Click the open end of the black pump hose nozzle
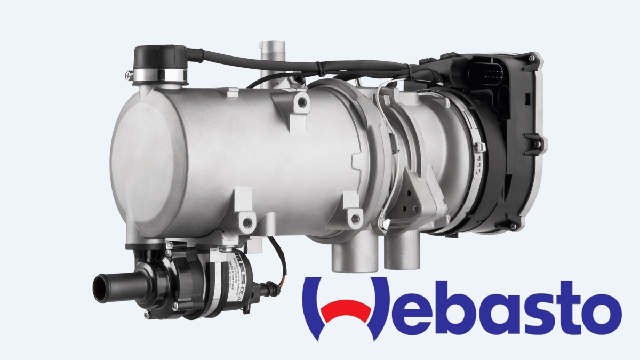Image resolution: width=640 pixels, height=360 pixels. pyautogui.click(x=100, y=288)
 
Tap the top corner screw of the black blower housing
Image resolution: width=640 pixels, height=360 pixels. pyautogui.click(x=530, y=56)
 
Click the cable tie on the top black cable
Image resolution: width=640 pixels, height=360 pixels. pyautogui.click(x=319, y=69)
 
